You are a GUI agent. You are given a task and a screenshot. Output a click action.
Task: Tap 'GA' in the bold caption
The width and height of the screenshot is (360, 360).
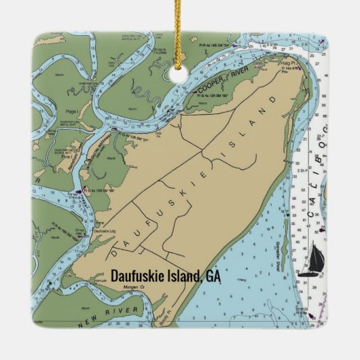[x=213, y=276]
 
